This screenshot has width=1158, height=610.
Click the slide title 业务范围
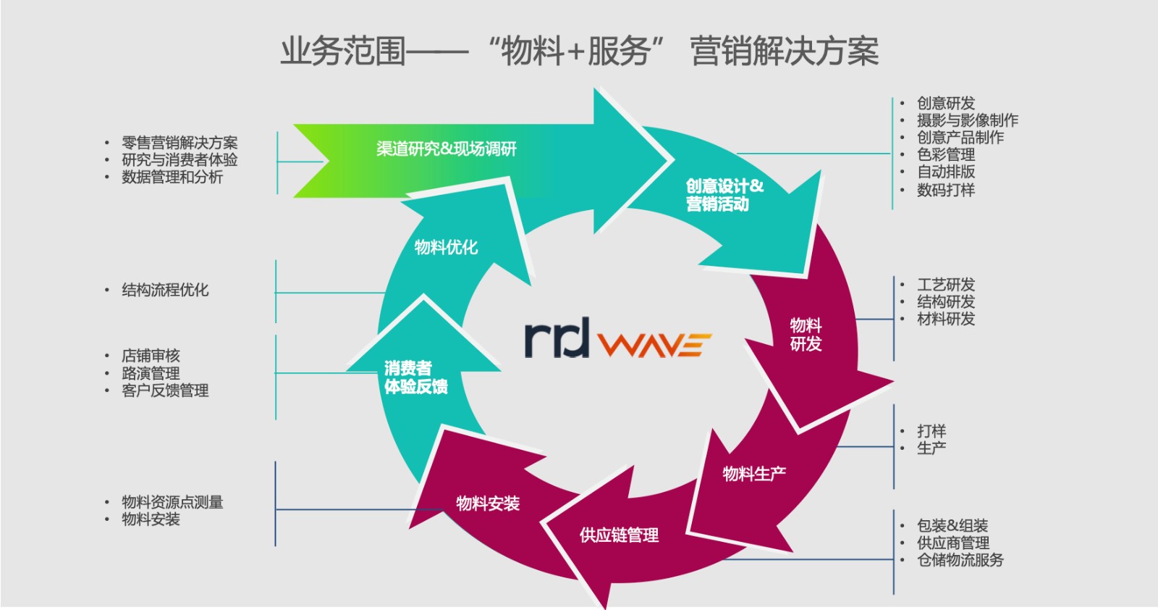tap(343, 51)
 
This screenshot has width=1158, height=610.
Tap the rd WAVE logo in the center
tap(618, 339)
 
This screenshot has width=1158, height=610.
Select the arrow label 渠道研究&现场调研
tap(446, 149)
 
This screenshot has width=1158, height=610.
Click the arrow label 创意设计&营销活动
tap(724, 195)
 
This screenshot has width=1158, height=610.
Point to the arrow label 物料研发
tap(806, 335)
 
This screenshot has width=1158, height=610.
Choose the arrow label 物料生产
tap(754, 473)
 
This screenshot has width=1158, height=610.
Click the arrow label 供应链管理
tap(620, 535)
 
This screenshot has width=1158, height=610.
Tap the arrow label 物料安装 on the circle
tap(488, 503)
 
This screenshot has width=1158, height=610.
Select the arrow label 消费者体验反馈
tap(415, 377)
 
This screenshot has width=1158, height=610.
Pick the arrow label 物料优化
tap(446, 247)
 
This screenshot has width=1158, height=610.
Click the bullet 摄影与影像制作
tap(967, 120)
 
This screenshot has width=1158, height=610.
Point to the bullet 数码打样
tap(945, 190)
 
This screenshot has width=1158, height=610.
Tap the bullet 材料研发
tap(945, 319)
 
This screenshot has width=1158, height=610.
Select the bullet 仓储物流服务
tap(960, 560)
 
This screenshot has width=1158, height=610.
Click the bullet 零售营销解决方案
tap(179, 143)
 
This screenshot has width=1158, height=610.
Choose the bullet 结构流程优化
tap(165, 290)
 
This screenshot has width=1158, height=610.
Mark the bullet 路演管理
tap(151, 373)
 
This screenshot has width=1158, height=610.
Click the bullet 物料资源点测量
tap(172, 502)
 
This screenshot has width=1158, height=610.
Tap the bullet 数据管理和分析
tap(172, 177)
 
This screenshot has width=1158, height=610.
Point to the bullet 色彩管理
tap(945, 155)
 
